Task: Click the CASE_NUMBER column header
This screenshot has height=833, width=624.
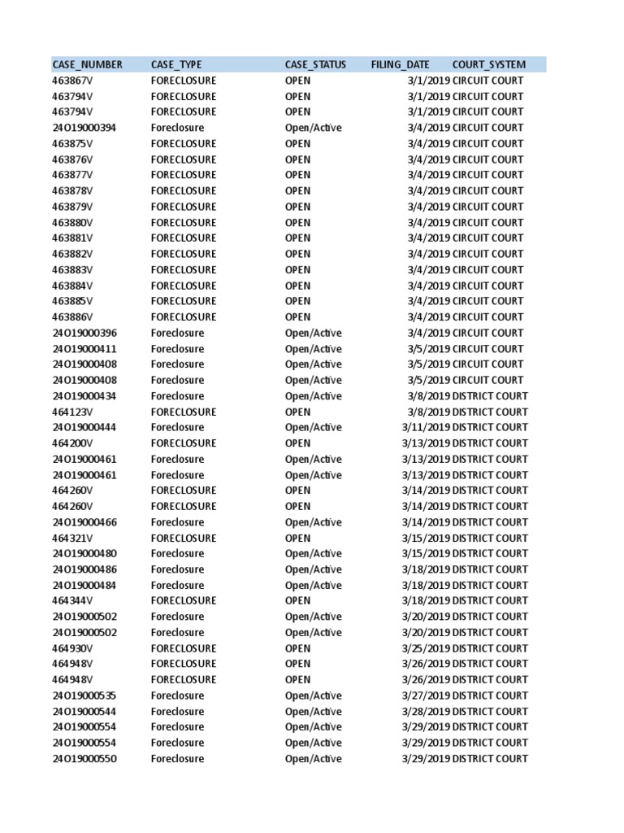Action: [88, 65]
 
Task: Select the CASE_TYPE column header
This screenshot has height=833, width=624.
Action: [176, 65]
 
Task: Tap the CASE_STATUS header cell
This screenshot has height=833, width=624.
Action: [315, 65]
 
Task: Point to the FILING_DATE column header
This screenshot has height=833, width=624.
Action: [401, 65]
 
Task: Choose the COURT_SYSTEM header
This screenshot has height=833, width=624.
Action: [489, 65]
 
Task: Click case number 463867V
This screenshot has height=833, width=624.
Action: [73, 81]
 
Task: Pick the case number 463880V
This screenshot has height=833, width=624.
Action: [73, 223]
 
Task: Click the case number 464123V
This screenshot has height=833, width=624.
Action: [73, 412]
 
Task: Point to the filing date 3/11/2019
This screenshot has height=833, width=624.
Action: [426, 428]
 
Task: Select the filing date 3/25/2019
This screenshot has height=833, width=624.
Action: [426, 648]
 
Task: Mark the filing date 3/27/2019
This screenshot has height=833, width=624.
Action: [426, 696]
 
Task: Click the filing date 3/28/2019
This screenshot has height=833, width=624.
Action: [426, 712]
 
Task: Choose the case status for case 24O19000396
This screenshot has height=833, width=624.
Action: [313, 334]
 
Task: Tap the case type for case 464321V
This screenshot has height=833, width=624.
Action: [184, 539]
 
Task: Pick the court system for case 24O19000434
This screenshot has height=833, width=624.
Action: [490, 396]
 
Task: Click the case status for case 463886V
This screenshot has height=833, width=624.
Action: [297, 317]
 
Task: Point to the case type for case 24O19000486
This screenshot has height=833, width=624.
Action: [177, 569]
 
